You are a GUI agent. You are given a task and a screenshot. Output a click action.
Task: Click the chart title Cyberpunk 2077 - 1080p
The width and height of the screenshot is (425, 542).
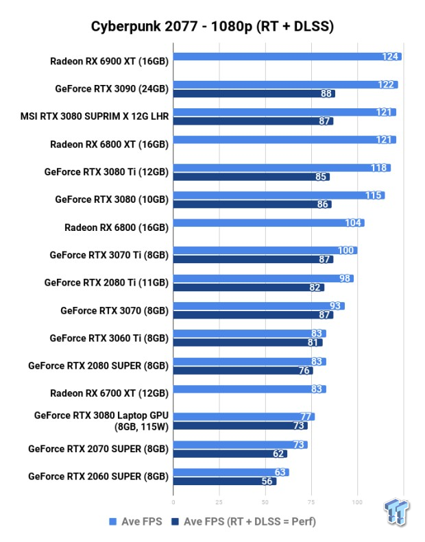pyautogui.click(x=212, y=27)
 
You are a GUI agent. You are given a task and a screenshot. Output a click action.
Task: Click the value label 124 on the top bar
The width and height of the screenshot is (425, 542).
pyautogui.click(x=391, y=56)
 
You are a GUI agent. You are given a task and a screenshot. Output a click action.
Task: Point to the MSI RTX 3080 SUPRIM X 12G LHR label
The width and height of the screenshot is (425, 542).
pyautogui.click(x=95, y=116)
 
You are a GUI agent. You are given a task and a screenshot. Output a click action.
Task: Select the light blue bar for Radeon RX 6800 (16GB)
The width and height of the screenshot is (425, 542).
pyautogui.click(x=269, y=223)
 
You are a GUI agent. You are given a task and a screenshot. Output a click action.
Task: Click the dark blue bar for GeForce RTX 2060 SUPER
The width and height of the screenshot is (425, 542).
pyautogui.click(x=225, y=482)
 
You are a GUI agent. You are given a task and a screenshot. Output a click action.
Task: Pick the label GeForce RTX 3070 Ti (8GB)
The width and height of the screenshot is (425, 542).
pyautogui.click(x=109, y=255)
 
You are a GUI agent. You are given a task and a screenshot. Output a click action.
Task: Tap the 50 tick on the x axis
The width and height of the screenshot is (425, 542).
pyautogui.click(x=265, y=502)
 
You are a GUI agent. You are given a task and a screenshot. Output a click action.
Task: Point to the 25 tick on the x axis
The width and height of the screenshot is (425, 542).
pyautogui.click(x=219, y=502)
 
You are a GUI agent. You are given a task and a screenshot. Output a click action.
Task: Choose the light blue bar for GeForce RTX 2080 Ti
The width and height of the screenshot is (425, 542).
pyautogui.click(x=263, y=278)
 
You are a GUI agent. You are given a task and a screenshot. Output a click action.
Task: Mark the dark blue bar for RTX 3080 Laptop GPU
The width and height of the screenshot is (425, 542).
pyautogui.click(x=240, y=426)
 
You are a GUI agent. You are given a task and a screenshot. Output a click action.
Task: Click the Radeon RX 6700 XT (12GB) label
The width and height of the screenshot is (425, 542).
pyautogui.click(x=109, y=393)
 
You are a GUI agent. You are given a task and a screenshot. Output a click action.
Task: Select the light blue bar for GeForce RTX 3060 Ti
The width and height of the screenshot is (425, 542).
pyautogui.click(x=250, y=334)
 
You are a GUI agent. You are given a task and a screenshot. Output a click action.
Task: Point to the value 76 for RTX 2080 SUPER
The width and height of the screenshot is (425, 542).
pyautogui.click(x=304, y=371)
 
